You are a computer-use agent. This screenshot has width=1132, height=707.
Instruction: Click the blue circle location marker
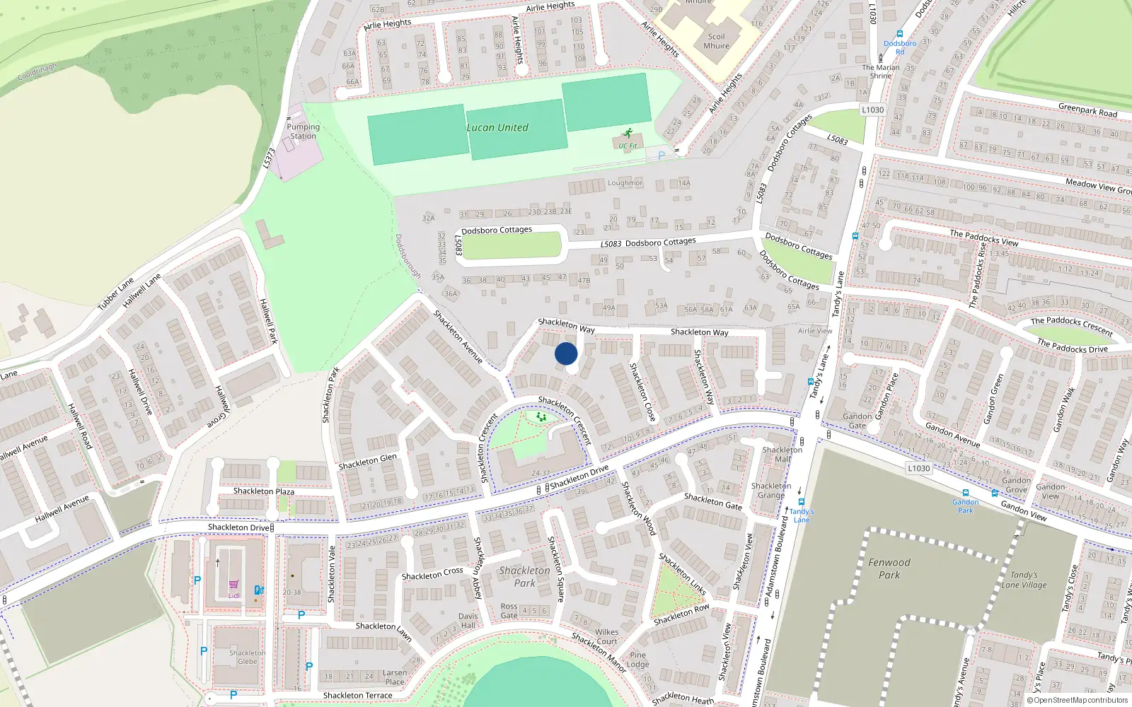[566, 353]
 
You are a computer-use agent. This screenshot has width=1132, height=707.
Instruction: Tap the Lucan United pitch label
[497, 128]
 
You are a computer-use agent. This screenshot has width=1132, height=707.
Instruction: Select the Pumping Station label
[304, 132]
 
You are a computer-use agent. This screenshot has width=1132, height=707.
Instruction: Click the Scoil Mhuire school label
[716, 41]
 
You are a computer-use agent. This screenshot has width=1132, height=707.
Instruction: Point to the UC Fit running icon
[628, 133]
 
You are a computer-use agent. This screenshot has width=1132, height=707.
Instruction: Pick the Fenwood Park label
[889, 568]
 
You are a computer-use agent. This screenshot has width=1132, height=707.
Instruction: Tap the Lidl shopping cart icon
[233, 585]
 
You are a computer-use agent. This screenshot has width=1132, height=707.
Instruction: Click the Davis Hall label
[468, 621]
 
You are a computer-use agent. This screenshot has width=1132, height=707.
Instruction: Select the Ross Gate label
[509, 611]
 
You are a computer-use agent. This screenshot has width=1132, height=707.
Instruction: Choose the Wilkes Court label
[607, 636]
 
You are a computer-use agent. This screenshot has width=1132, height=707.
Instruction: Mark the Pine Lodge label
[637, 659]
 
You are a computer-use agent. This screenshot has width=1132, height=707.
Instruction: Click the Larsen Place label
[395, 677]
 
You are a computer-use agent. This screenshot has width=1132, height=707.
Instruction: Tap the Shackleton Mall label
[782, 454]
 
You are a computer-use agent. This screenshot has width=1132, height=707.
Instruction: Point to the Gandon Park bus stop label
[965, 506]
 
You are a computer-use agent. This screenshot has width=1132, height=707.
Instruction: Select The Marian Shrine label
[881, 71]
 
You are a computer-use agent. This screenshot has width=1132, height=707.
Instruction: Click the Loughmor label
[625, 183]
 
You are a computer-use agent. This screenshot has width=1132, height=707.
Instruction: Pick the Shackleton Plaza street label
[264, 491]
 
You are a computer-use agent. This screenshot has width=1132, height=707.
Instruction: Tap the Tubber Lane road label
[115, 293]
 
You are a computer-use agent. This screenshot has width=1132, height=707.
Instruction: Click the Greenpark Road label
[1087, 110]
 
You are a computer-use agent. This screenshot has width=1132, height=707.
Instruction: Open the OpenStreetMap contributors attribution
[1080, 701]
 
